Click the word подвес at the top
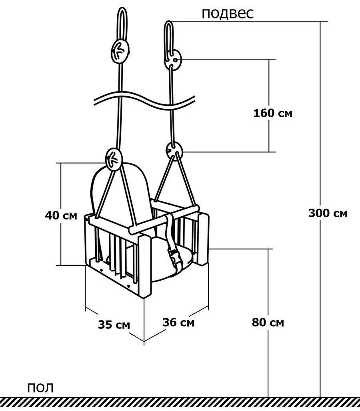[x=228, y=14]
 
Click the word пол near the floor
[x=40, y=388]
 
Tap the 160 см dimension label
[x=273, y=113]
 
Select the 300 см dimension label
[x=328, y=213]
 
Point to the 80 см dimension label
[x=268, y=322]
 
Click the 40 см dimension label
[x=61, y=215]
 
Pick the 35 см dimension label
[x=114, y=325]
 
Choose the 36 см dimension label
[x=178, y=322]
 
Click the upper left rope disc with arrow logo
[x=120, y=51]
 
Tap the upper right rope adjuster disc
[x=173, y=60]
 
